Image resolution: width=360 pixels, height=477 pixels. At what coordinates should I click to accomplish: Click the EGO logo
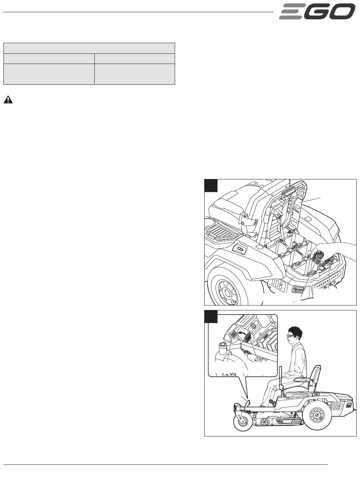(x=317, y=12)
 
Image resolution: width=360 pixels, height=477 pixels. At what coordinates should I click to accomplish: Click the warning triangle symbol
(x=8, y=100)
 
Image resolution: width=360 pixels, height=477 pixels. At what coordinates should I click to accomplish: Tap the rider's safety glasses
(x=291, y=336)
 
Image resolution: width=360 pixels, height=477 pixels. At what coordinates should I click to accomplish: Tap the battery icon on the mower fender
(x=241, y=249)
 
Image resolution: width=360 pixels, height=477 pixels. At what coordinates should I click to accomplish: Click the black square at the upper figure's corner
(x=211, y=185)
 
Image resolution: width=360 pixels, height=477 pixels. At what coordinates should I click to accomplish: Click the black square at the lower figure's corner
(x=211, y=316)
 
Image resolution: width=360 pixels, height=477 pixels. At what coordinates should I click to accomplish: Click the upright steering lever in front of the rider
(x=281, y=380)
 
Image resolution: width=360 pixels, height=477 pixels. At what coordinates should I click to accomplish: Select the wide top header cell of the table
(x=89, y=48)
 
